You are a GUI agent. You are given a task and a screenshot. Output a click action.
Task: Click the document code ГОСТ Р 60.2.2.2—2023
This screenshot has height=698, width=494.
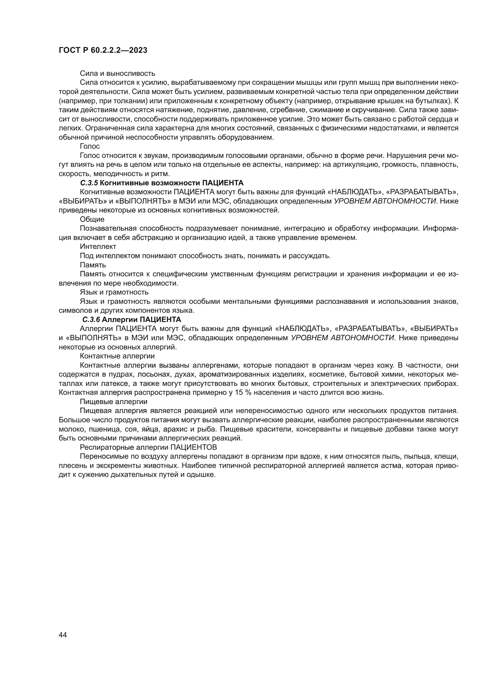(103, 50)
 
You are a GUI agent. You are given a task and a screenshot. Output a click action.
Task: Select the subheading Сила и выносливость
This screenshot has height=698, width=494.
(117, 73)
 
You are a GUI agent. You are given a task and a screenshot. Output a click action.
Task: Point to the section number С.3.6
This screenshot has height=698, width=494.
(91, 320)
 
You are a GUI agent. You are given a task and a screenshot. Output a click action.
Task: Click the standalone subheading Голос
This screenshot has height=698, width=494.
(90, 146)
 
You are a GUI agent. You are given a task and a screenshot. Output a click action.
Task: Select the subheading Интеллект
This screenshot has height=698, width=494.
(98, 246)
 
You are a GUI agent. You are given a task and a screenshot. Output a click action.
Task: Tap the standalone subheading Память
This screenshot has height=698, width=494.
(93, 265)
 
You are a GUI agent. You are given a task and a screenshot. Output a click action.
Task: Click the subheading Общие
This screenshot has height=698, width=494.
(92, 219)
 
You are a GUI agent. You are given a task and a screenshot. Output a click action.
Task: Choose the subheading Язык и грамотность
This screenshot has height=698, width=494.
(114, 292)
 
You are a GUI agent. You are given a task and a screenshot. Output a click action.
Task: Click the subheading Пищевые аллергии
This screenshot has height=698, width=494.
(113, 402)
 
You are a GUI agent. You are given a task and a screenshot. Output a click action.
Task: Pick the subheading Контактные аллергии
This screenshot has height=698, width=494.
(117, 356)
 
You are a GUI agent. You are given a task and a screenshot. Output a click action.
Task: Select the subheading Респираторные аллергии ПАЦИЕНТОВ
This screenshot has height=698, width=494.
(148, 447)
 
